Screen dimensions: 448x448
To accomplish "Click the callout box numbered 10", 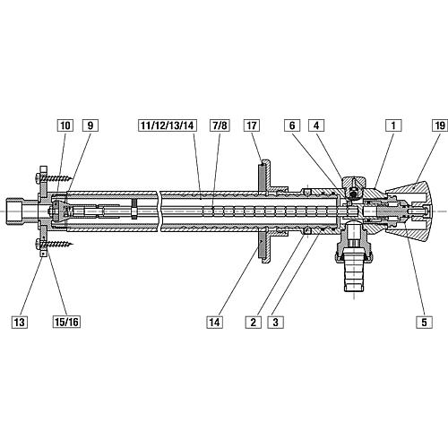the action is tap(65, 125).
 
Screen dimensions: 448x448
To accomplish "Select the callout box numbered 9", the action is tap(90, 125).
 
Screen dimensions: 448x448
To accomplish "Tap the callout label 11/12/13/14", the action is tap(168, 125).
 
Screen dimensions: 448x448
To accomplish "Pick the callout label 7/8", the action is tap(220, 125).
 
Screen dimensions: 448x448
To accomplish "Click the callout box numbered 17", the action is tap(252, 125).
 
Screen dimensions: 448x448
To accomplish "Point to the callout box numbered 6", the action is tap(292, 125).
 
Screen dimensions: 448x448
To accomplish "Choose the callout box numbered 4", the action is tap(316, 125).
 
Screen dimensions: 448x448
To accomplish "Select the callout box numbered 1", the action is tap(393, 125).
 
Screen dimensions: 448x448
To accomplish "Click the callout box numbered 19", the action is tap(440, 125).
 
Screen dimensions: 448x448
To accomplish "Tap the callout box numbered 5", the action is tap(424, 323).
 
